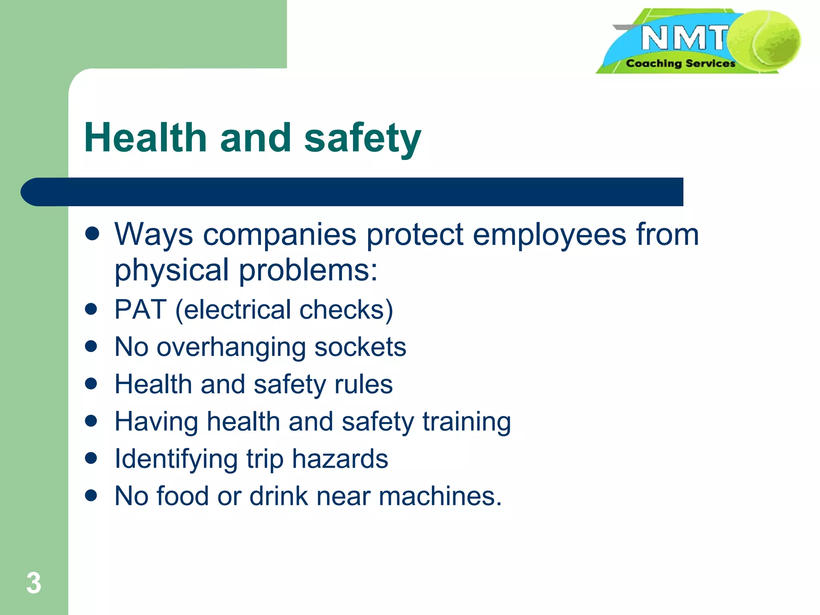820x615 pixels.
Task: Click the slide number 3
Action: tap(34, 583)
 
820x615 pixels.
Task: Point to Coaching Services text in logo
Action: tap(680, 63)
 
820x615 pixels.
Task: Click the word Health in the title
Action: tap(145, 138)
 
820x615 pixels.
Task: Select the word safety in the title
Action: tap(362, 139)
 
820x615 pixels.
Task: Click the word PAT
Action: tap(140, 310)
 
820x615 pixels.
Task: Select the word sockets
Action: tap(360, 347)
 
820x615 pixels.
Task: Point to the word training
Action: tap(466, 422)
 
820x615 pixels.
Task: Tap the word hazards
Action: tap(340, 459)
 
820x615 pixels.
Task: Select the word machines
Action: tap(440, 496)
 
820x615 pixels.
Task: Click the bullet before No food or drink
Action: tap(92, 496)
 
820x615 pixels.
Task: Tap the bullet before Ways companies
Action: tap(92, 234)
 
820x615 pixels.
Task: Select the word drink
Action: tap(279, 496)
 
